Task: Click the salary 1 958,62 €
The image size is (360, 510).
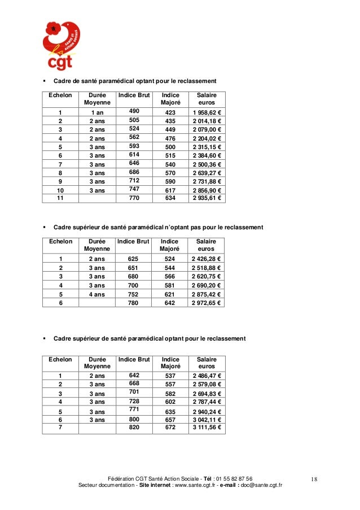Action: point(207,112)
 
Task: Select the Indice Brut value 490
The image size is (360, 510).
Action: point(134,112)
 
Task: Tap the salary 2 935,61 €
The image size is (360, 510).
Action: point(207,199)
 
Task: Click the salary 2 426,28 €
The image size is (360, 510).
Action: point(207,259)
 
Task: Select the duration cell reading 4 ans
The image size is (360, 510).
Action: point(96,294)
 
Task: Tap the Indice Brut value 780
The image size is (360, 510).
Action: point(134,303)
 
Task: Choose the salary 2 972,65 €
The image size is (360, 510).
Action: point(207,303)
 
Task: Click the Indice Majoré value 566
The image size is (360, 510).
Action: point(170,277)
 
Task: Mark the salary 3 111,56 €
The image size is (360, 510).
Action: point(207,428)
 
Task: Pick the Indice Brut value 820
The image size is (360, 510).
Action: point(134,428)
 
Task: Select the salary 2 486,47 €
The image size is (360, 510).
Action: point(207,376)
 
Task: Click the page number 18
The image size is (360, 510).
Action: point(314,480)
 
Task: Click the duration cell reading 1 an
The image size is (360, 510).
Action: point(96,112)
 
